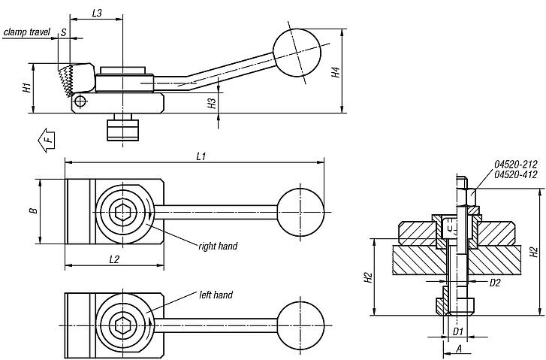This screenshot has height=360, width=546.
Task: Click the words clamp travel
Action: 26,33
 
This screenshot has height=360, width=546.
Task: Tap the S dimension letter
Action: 64,33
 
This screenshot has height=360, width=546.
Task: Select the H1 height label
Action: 27,88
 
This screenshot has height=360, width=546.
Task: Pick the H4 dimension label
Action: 338,72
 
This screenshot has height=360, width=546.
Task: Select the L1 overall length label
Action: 201,156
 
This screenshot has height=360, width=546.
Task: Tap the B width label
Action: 33,211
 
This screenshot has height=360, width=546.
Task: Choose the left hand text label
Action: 216,295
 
